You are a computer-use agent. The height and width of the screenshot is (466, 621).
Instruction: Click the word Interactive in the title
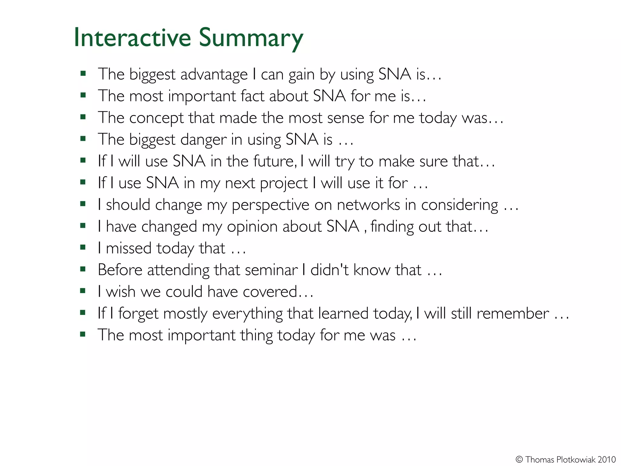point(132,38)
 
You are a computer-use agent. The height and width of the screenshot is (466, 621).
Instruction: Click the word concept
point(156,118)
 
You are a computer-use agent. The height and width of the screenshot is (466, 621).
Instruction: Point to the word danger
point(203,140)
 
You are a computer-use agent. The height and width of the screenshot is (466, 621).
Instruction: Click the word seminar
point(271,270)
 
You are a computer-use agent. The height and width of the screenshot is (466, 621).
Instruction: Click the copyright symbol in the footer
point(519,459)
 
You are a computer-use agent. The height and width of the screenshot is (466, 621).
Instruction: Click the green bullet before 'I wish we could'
point(83,291)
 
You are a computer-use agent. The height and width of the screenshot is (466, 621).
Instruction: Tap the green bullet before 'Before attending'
point(83,269)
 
